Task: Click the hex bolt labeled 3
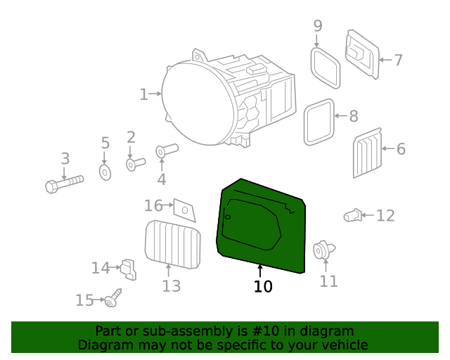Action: (x=64, y=184)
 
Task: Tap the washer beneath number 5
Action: (x=105, y=172)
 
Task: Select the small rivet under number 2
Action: (x=136, y=165)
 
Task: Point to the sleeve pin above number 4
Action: (x=167, y=150)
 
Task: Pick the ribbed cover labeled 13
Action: (x=173, y=245)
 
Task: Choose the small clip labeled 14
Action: (x=128, y=269)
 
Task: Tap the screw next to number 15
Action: (x=112, y=298)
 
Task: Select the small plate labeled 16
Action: (x=184, y=210)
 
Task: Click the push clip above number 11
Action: (x=323, y=250)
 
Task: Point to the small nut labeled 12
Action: (x=352, y=215)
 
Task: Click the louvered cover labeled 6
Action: (x=367, y=153)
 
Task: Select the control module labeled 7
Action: (x=362, y=54)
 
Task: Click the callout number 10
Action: (x=263, y=286)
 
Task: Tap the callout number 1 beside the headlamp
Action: (x=143, y=94)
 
